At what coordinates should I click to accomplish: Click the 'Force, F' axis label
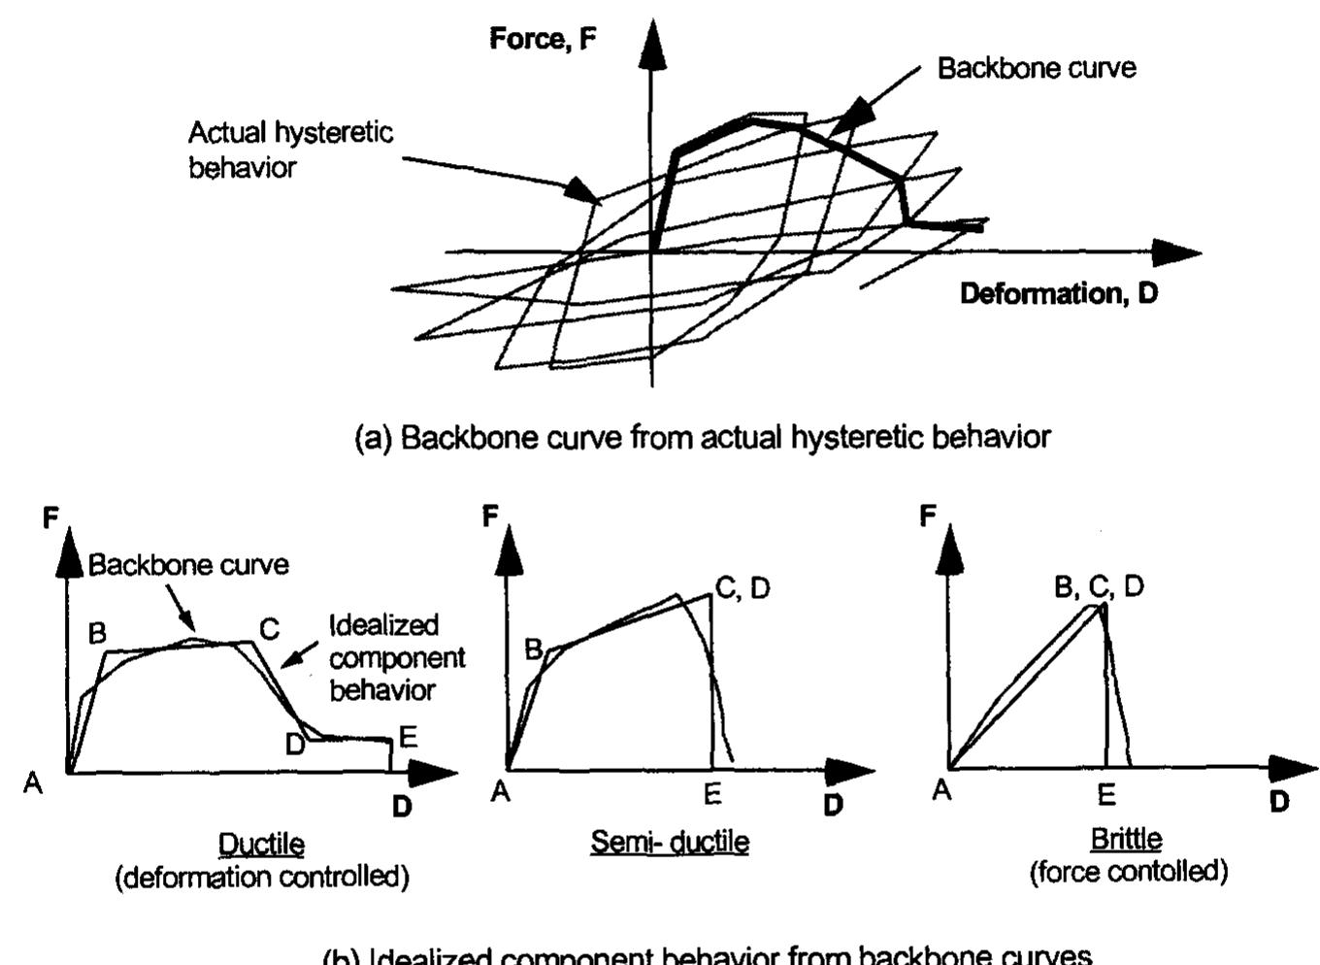coord(542,39)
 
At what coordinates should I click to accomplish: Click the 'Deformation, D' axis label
coord(1058,293)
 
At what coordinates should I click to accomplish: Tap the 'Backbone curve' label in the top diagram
coord(1036,68)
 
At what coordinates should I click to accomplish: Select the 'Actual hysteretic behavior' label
coord(289,150)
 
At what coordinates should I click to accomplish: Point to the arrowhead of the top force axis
coord(652,44)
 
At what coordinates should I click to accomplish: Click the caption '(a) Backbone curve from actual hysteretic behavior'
coord(702,437)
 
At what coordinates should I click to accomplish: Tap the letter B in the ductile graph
coord(97,634)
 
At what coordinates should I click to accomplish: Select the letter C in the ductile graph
coord(269,630)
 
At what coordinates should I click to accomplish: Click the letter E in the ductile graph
coord(408,737)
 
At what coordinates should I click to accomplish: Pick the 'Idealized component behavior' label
coord(396,657)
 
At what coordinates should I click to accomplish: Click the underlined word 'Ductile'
coord(261,844)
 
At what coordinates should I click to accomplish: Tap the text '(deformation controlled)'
coord(262,878)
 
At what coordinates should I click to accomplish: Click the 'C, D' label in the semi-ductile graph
coord(742,588)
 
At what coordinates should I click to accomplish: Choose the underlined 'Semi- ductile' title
coord(670,841)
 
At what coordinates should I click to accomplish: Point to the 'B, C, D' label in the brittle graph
coord(1099,586)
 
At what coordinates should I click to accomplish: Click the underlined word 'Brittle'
coord(1126,838)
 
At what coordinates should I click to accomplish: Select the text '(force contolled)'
coord(1129,872)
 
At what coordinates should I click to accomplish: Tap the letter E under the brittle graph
coord(1106,795)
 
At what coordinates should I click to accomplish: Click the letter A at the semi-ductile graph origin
coord(500,792)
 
